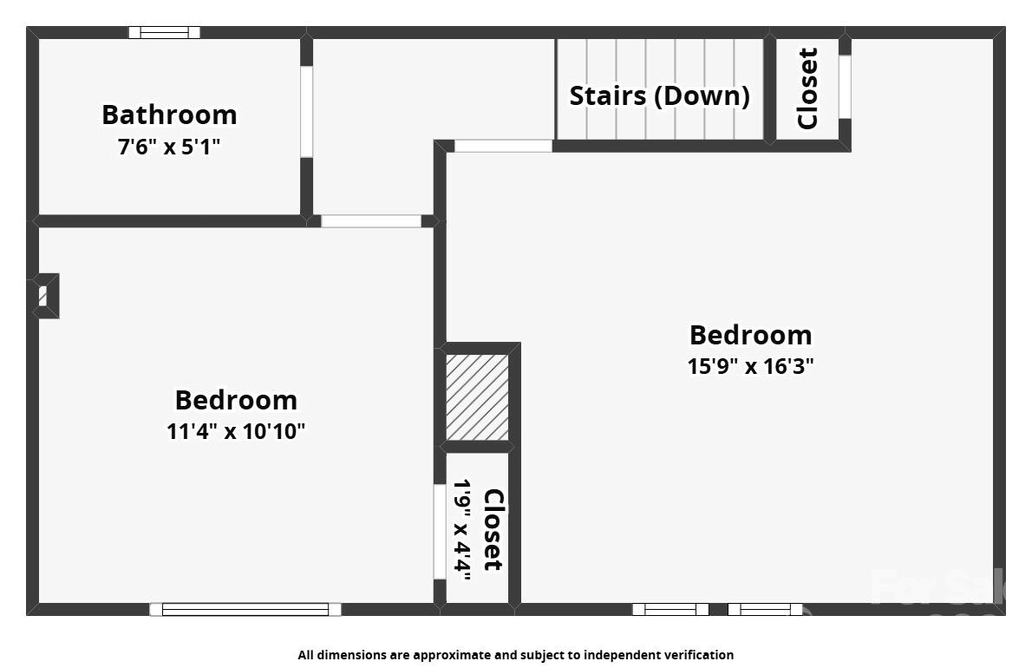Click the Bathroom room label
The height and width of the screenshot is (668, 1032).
(x=169, y=115)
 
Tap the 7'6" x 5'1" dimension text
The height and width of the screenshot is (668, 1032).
(x=169, y=147)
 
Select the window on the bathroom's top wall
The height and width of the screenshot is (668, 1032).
(x=164, y=33)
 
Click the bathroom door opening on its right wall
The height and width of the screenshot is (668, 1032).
(x=306, y=112)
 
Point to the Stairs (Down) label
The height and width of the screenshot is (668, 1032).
(x=659, y=95)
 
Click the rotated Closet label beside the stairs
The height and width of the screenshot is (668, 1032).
(x=807, y=88)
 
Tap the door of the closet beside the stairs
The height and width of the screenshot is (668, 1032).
(x=844, y=87)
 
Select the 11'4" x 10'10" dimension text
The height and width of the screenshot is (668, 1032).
(x=236, y=431)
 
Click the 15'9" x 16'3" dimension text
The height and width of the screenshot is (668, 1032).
(x=750, y=366)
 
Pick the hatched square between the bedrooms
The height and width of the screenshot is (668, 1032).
(x=477, y=396)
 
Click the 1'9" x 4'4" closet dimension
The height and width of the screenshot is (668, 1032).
(x=463, y=528)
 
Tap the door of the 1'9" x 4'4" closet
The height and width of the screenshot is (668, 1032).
(x=439, y=531)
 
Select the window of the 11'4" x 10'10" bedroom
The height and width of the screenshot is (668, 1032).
(x=245, y=609)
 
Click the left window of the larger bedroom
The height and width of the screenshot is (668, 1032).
(x=670, y=609)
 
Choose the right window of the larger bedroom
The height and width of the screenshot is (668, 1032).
(x=765, y=609)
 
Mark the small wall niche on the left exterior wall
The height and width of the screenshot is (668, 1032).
(x=45, y=296)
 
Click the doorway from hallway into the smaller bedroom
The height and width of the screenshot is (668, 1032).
(x=371, y=221)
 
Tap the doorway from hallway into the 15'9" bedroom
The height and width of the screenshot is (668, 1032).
(x=503, y=146)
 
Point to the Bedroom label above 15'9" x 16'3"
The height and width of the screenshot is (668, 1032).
(x=750, y=335)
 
